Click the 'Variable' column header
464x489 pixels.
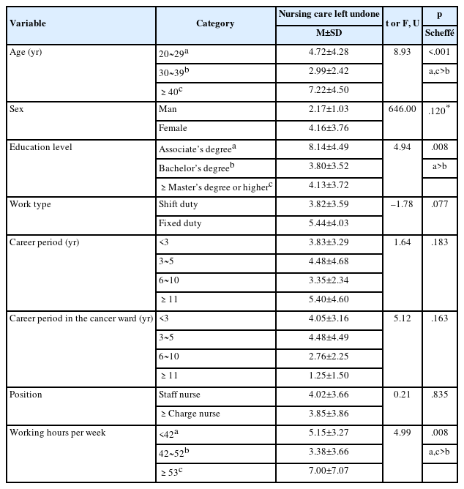pyautogui.click(x=28, y=23)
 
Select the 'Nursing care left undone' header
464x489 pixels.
pyautogui.click(x=331, y=14)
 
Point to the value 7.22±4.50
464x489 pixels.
pyautogui.click(x=331, y=90)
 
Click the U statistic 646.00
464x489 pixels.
pyautogui.click(x=402, y=108)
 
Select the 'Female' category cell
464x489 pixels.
pyautogui.click(x=173, y=128)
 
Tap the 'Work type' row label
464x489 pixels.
pyautogui.click(x=30, y=204)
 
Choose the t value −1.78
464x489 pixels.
pyautogui.click(x=402, y=204)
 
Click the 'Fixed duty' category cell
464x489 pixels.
pyautogui.click(x=180, y=223)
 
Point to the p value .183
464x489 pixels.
pyautogui.click(x=439, y=242)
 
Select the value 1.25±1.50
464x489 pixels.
pyautogui.click(x=331, y=376)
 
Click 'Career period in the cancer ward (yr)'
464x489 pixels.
pyautogui.click(x=81, y=318)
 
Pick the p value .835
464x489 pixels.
pyautogui.click(x=439, y=395)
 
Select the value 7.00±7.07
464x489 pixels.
pyautogui.click(x=331, y=471)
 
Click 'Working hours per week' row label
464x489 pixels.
pyautogui.click(x=57, y=433)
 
